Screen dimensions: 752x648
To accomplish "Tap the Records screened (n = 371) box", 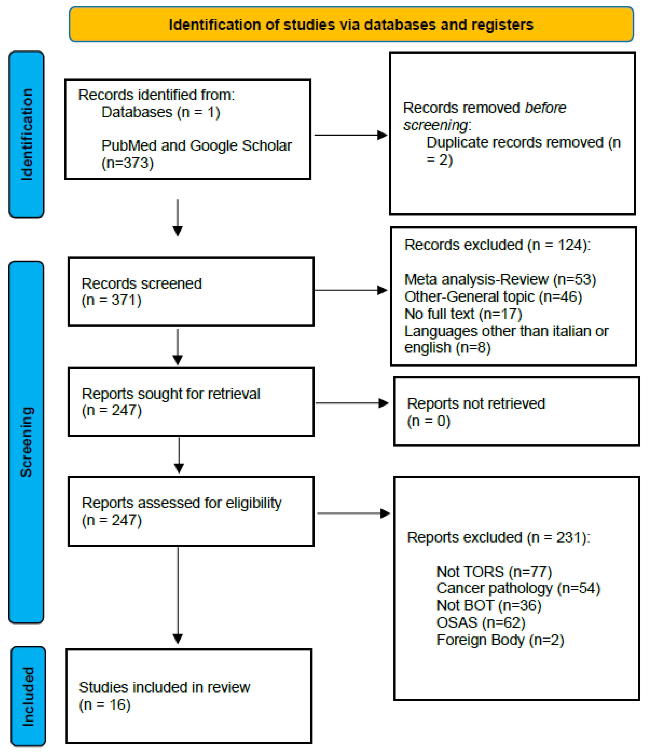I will pyautogui.click(x=191, y=292).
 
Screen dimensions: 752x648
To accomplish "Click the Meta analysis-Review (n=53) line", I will pyautogui.click(x=500, y=279).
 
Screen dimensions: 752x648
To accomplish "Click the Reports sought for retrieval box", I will pyautogui.click(x=191, y=402).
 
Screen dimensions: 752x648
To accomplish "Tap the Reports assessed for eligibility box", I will pyautogui.click(x=191, y=511).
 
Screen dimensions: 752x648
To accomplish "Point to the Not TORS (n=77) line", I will pyautogui.click(x=494, y=572).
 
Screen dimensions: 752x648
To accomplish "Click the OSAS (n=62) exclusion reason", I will pyautogui.click(x=481, y=623).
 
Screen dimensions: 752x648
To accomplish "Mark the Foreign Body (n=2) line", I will pyautogui.click(x=500, y=640).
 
